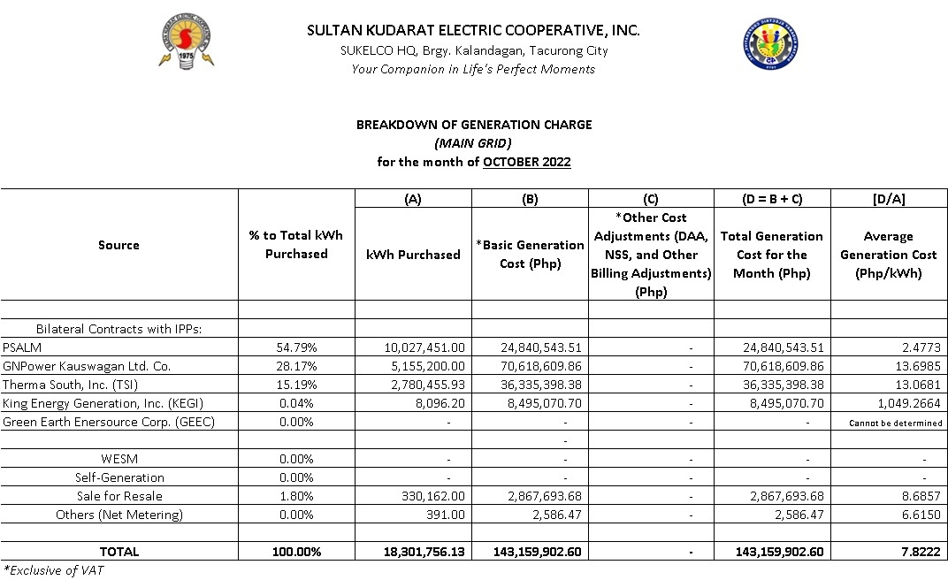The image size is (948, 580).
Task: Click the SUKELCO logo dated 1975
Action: click(x=187, y=42)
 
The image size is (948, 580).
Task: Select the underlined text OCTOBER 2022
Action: click(x=526, y=162)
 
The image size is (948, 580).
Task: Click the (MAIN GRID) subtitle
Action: click(x=473, y=143)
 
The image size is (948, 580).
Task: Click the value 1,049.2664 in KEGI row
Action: click(x=911, y=403)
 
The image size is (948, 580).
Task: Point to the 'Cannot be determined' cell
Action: click(x=895, y=423)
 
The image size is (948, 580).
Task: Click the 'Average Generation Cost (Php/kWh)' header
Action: click(x=888, y=255)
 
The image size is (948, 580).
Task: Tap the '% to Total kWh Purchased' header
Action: click(x=296, y=245)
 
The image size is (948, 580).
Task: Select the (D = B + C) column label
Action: click(x=771, y=199)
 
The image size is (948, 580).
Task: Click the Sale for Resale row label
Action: click(x=119, y=496)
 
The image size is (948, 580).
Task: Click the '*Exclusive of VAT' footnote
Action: click(x=52, y=570)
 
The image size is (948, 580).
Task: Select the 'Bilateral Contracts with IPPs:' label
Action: click(x=119, y=329)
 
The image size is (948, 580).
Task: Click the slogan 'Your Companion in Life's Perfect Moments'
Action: click(x=473, y=69)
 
